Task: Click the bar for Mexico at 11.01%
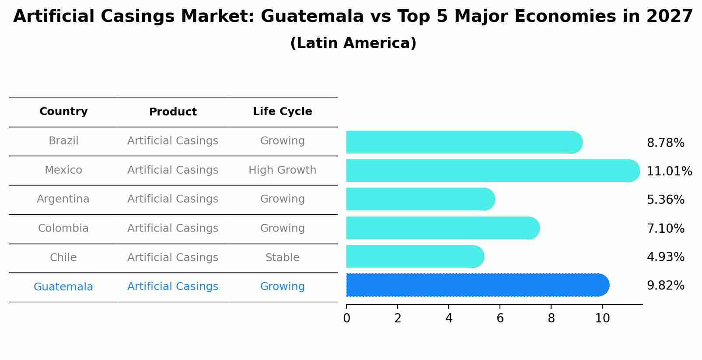click(492, 171)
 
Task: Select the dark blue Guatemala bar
click(477, 285)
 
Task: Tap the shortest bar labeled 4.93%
click(415, 256)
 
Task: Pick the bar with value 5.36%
click(420, 199)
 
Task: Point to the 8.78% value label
click(665, 143)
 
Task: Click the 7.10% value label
click(665, 228)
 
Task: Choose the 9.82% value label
click(665, 286)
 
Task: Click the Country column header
click(63, 112)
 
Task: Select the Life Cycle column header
click(282, 112)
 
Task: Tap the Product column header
click(173, 112)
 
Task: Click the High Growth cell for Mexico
click(282, 170)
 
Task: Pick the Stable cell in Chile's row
click(282, 258)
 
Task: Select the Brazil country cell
click(63, 141)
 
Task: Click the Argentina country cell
click(63, 199)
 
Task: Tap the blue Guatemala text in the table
click(63, 287)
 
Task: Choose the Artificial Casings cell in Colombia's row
click(173, 228)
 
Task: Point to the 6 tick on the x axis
click(500, 318)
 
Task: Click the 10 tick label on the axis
click(602, 318)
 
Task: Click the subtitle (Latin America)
click(353, 43)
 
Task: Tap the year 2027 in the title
click(669, 17)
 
